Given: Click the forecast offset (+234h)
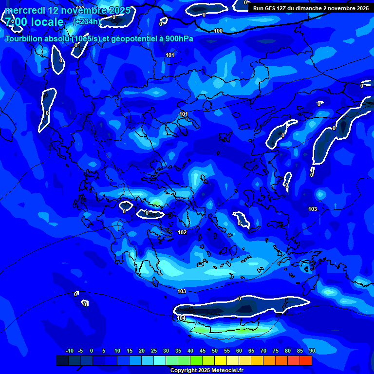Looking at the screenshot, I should pyautogui.click(x=87, y=22).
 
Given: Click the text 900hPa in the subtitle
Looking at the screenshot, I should pyautogui.click(x=181, y=39).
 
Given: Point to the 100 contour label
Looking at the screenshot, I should pyautogui.click(x=218, y=31).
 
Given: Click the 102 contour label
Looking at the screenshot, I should pyautogui.click(x=182, y=232).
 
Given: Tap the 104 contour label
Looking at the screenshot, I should pyautogui.click(x=181, y=318).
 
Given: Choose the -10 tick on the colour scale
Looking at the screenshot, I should pyautogui.click(x=70, y=351).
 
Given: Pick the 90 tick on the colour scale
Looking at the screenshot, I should pyautogui.click(x=312, y=351).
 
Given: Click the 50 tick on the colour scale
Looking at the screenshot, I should pyautogui.click(x=214, y=351).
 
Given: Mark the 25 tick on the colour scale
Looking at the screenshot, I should pyautogui.click(x=153, y=351).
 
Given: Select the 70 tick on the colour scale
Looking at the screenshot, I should pyautogui.click(x=263, y=351).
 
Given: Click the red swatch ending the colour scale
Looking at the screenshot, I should pyautogui.click(x=305, y=360).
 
